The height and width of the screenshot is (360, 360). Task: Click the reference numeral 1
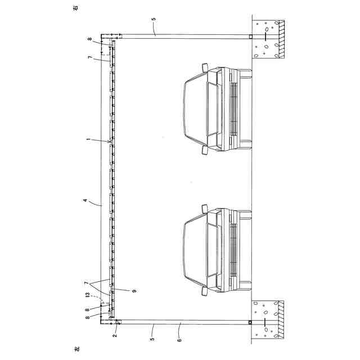[88, 139]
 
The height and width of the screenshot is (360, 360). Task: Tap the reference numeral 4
[85, 200]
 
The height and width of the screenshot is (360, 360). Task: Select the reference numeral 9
[134, 291]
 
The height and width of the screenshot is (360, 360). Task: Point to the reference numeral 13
[87, 295]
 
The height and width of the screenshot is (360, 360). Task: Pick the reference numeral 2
[115, 335]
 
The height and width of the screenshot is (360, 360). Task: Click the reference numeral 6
[179, 340]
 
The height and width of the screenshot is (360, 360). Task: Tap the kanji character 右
[76, 8]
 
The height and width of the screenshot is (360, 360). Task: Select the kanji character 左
[76, 349]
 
